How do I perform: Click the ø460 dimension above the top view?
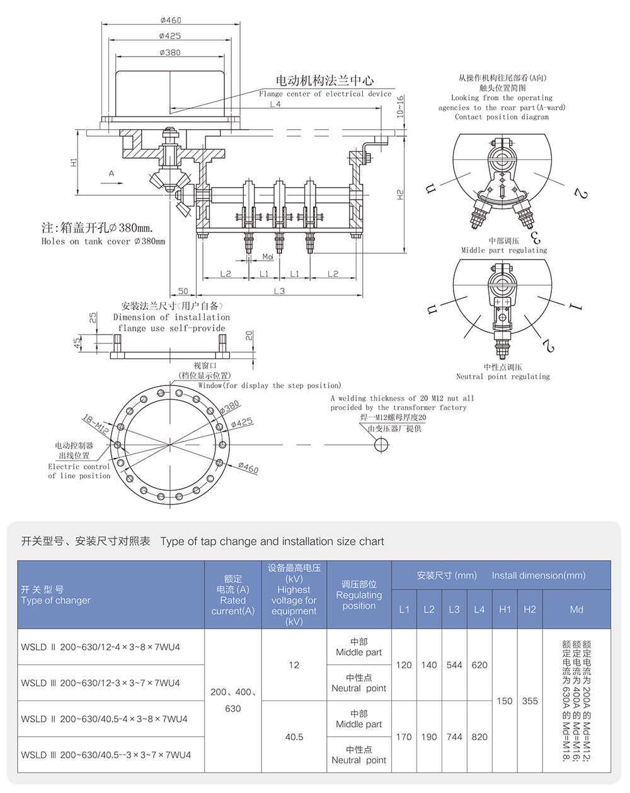pyautogui.click(x=170, y=20)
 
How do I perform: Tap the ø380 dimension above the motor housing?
pyautogui.click(x=170, y=52)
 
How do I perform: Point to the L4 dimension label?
pyautogui.click(x=275, y=105)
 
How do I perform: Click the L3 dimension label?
pyautogui.click(x=279, y=291)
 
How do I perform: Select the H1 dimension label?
pyautogui.click(x=74, y=162)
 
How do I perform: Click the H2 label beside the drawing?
pyautogui.click(x=401, y=195)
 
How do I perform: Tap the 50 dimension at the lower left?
pyautogui.click(x=183, y=291)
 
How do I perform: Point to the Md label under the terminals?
pyautogui.click(x=268, y=257)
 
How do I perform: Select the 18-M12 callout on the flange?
pyautogui.click(x=95, y=423)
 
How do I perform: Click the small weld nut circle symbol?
pyautogui.click(x=381, y=445)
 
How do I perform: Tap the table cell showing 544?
pyautogui.click(x=454, y=665)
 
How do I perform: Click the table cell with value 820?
pyautogui.click(x=479, y=736)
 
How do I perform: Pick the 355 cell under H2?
pyautogui.click(x=530, y=700)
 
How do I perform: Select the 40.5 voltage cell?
pyautogui.click(x=294, y=736)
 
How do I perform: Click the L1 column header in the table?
pyautogui.click(x=404, y=609)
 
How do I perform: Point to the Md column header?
pyautogui.click(x=576, y=609)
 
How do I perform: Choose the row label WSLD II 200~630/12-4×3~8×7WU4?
pyautogui.click(x=101, y=647)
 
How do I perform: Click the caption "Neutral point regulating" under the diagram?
pyautogui.click(x=503, y=377)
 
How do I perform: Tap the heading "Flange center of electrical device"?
pyautogui.click(x=325, y=94)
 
